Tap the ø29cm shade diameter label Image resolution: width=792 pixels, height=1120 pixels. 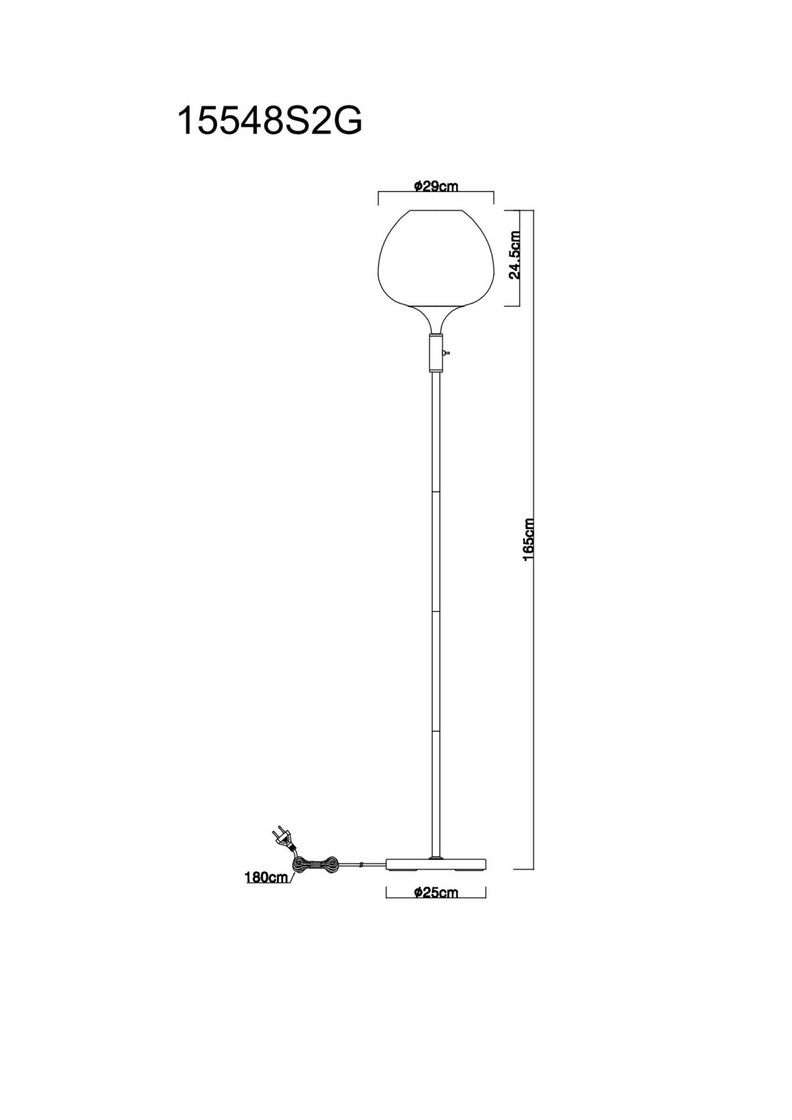(x=436, y=186)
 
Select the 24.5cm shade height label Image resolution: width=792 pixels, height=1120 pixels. (x=514, y=255)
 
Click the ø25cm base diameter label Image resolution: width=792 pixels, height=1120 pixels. (x=436, y=892)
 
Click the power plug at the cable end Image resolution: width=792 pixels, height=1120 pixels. (x=282, y=838)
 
